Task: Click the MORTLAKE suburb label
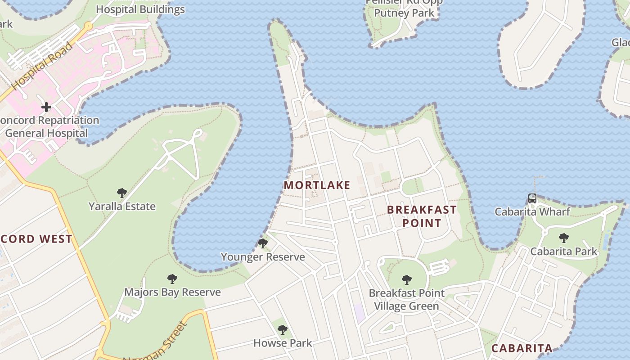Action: coord(317,185)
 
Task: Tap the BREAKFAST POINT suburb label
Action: coord(422,216)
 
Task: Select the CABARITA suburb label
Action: coord(522,348)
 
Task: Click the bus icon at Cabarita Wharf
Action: coord(532,198)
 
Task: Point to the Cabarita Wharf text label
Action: coord(532,211)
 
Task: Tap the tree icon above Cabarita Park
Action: coord(563,238)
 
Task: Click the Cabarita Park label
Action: coord(563,251)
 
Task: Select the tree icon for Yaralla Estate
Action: coord(121,193)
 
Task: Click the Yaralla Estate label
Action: coord(122,207)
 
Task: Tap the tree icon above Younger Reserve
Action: coord(263,243)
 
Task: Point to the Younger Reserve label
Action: coord(263,257)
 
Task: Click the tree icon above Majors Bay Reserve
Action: coord(172,279)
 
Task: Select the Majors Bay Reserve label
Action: coord(172,292)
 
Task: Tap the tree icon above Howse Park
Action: coord(283,330)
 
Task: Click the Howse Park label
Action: coord(283,343)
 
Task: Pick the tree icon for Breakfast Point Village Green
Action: coord(407,280)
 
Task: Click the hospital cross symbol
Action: coord(46,107)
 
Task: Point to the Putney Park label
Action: coord(405,13)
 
